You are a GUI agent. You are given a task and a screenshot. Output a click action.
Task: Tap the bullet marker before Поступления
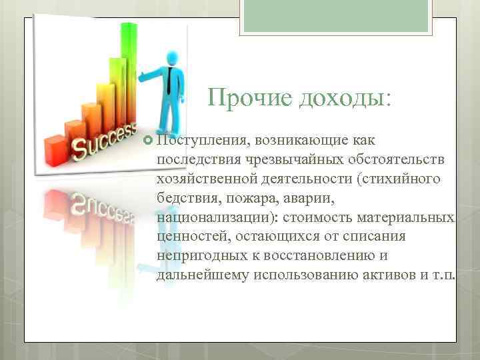(x=147, y=141)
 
